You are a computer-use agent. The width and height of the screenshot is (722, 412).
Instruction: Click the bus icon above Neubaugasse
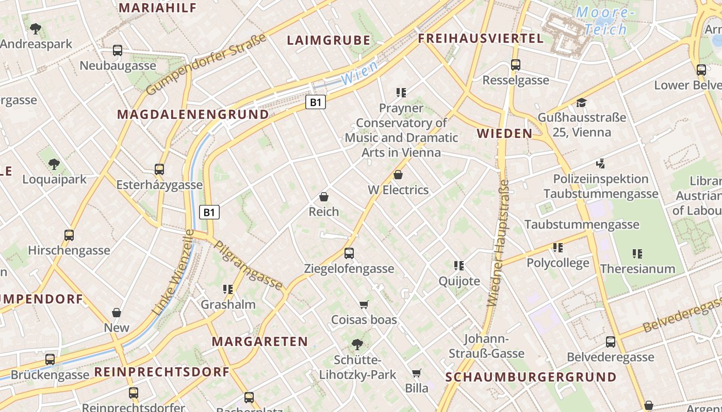click(118, 50)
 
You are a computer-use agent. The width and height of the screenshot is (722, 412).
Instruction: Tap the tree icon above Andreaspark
click(35, 28)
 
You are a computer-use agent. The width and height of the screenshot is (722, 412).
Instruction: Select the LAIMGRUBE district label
click(329, 40)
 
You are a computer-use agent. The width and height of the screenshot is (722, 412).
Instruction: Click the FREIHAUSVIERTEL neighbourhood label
click(481, 38)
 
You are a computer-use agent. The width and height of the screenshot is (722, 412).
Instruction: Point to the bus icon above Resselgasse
click(515, 65)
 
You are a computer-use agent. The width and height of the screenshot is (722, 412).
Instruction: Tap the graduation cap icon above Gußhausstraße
click(582, 102)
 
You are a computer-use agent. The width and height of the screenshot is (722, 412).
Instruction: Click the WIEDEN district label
click(504, 133)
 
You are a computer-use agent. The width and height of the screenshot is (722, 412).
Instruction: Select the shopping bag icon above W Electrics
click(398, 175)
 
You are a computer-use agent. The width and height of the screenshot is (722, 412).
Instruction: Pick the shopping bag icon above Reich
click(324, 196)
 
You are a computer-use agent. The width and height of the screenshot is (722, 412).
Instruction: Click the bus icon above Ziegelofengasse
click(349, 253)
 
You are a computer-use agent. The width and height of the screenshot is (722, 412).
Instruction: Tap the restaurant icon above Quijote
click(459, 266)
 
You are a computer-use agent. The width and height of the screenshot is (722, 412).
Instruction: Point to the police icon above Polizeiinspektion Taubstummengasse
click(600, 164)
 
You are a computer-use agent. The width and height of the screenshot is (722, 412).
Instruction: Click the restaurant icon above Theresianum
click(637, 253)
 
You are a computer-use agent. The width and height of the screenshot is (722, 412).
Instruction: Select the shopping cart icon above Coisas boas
click(364, 304)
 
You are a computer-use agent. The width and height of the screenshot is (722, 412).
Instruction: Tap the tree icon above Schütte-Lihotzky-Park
click(357, 344)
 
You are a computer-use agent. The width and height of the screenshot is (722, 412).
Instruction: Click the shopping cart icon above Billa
click(416, 373)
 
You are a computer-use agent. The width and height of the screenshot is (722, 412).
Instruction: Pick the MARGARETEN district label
click(260, 341)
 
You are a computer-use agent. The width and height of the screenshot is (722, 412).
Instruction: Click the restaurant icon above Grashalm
click(228, 289)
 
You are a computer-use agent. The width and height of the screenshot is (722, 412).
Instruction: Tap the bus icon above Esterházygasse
click(159, 169)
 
